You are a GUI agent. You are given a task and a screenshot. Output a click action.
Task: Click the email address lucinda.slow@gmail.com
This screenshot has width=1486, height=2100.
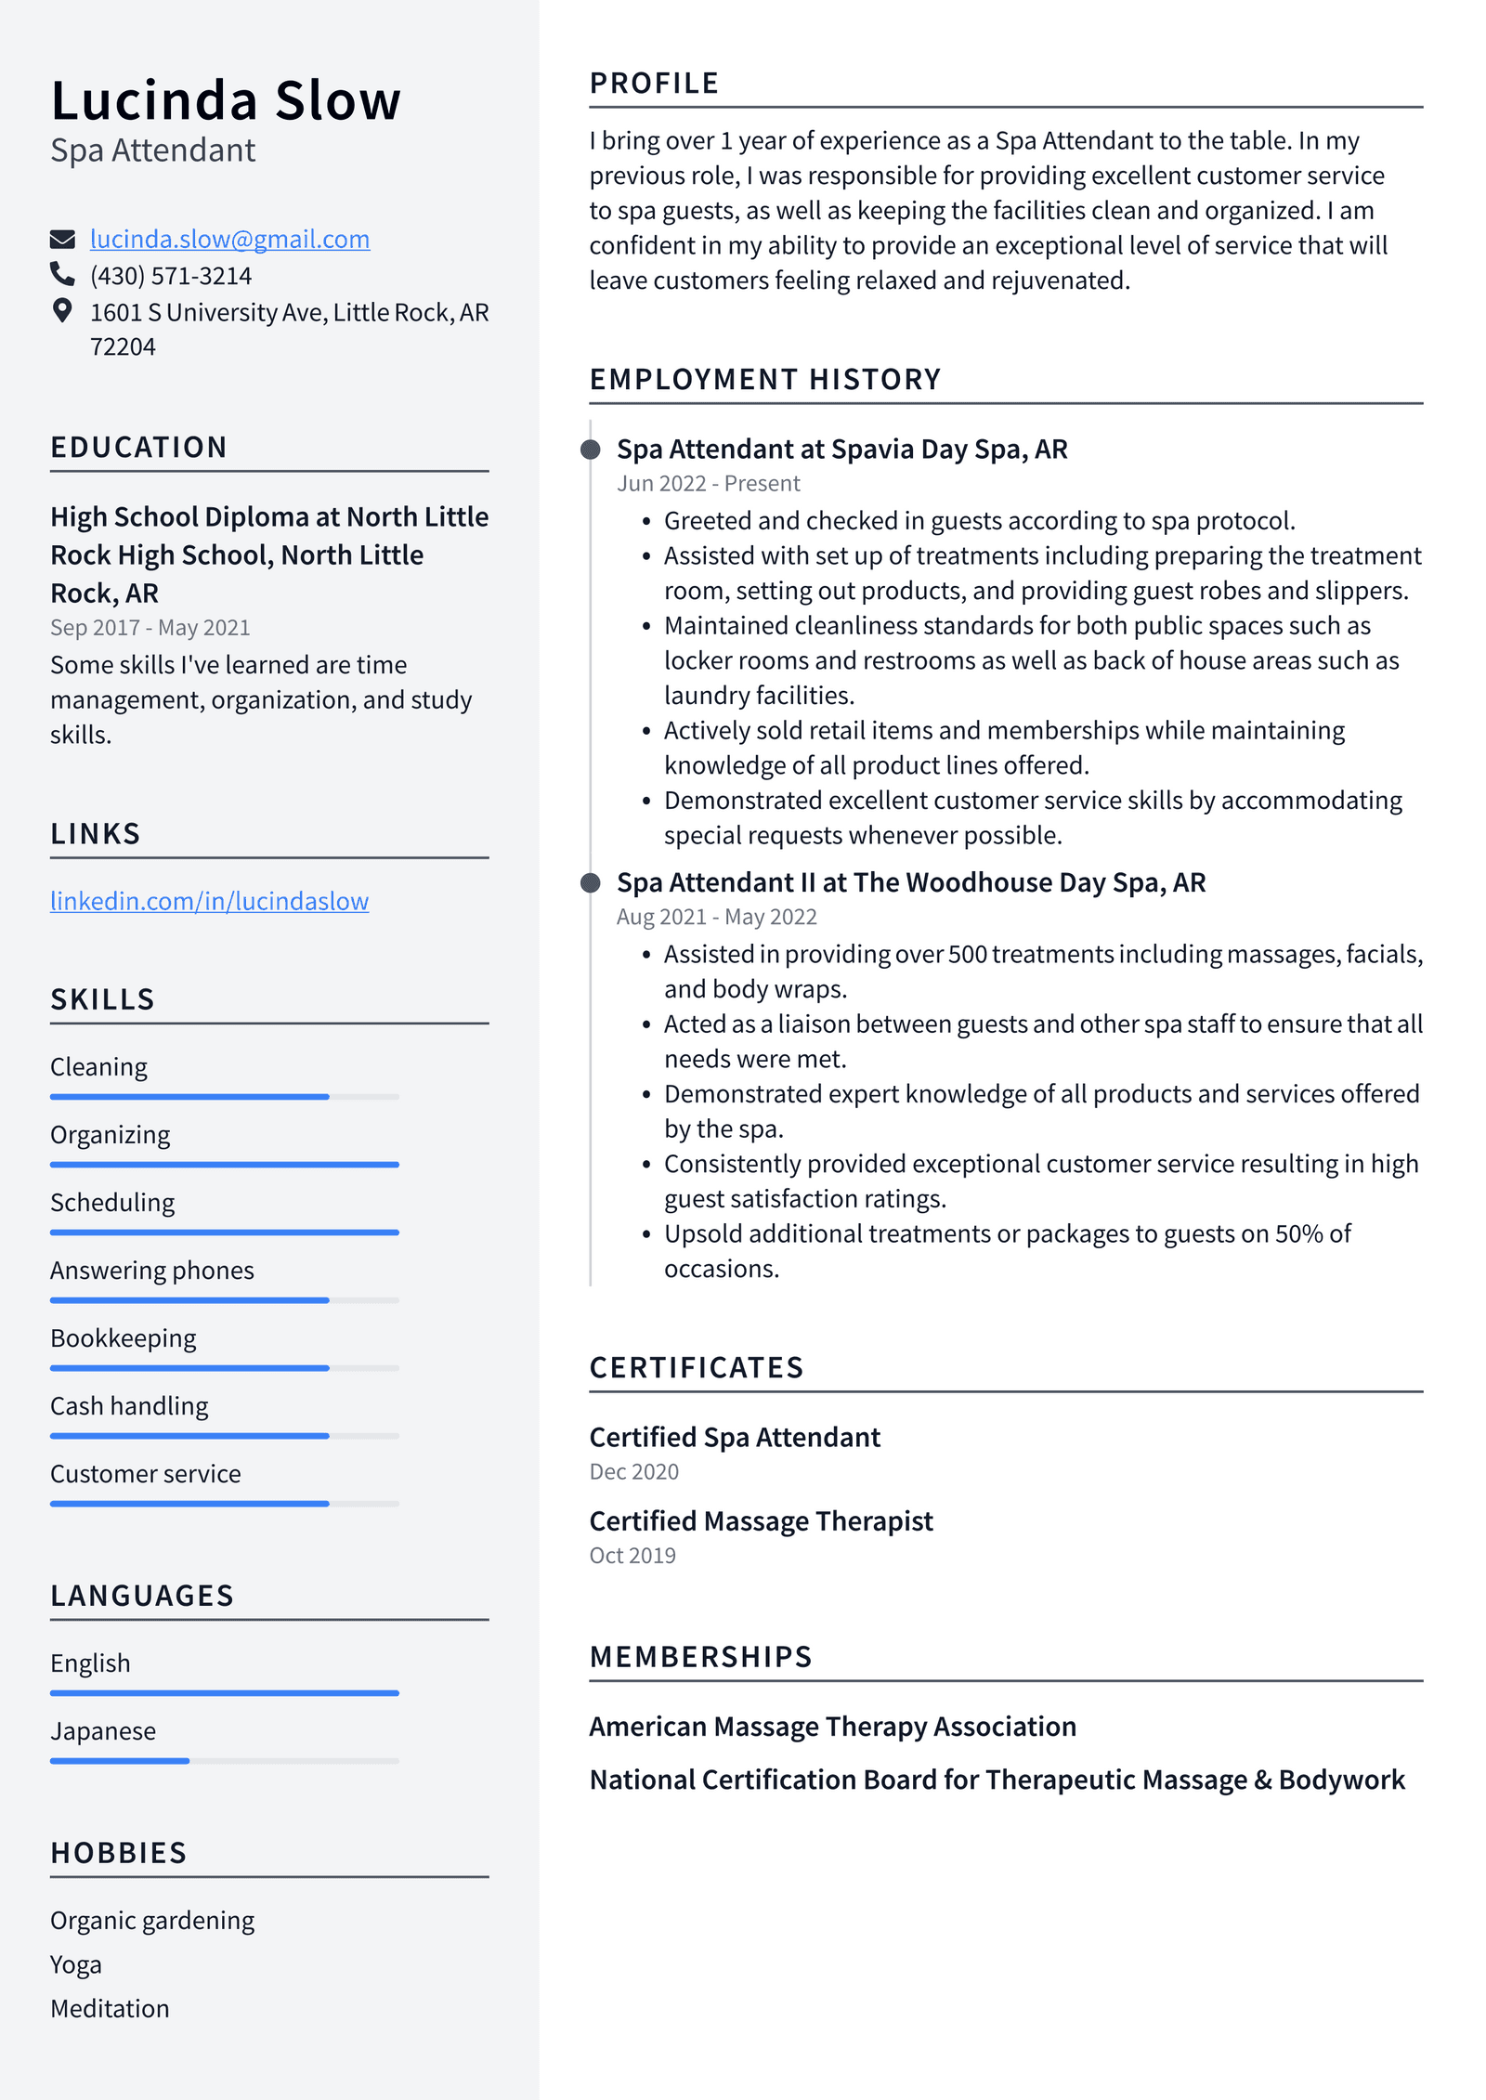pos(229,240)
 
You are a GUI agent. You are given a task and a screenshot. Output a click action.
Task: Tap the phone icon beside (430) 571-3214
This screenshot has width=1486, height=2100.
pos(62,275)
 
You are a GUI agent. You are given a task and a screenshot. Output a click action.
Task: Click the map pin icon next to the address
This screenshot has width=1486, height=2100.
pos(62,310)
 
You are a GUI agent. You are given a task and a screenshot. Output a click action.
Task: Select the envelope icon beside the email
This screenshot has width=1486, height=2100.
pos(62,240)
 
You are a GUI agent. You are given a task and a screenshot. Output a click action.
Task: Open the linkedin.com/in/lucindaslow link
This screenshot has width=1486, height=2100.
pos(209,901)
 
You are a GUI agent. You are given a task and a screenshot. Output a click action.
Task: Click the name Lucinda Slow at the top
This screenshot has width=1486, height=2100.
pos(226,100)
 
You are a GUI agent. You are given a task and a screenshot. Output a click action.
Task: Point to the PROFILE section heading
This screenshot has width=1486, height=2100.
pos(654,84)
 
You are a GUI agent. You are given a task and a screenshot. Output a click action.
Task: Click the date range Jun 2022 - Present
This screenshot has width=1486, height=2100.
pos(708,484)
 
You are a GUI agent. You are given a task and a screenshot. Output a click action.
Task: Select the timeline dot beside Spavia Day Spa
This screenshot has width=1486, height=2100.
pos(590,450)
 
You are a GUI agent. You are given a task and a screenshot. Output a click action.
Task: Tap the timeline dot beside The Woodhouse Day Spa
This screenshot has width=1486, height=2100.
pos(590,882)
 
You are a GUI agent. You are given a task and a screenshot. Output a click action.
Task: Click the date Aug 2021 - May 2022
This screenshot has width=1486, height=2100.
pos(716,917)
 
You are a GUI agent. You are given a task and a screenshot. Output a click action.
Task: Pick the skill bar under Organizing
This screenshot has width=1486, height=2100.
pos(224,1164)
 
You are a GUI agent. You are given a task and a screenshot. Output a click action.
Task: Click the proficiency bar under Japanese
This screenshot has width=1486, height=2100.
pos(224,1760)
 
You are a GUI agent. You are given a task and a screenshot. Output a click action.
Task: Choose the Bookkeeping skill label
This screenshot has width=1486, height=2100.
pos(124,1338)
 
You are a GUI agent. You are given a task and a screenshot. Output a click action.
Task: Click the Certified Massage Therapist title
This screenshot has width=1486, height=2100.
pos(761,1521)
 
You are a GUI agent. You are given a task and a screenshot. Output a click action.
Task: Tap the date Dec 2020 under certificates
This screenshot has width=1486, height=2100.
pos(633,1472)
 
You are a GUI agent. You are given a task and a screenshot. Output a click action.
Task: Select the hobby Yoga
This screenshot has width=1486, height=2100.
pos(76,1964)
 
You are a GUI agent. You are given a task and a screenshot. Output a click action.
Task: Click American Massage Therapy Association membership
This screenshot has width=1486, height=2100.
pos(832,1727)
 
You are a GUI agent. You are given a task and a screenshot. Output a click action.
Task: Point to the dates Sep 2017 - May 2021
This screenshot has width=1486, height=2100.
pos(150,628)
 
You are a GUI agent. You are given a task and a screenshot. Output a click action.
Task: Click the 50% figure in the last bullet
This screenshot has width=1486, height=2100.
pos(1298,1233)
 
